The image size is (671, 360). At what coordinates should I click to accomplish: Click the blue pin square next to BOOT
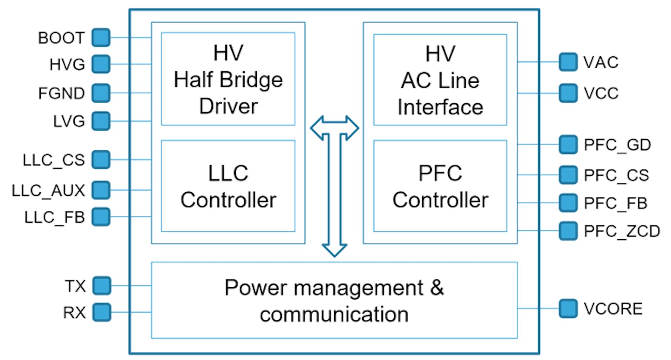pos(101,38)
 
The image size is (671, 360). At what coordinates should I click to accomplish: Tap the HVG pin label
pos(67,65)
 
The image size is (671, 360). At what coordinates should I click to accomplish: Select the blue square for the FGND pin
pos(101,93)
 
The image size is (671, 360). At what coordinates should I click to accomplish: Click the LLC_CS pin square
pos(101,159)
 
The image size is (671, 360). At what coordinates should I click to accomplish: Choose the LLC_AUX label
pos(48,191)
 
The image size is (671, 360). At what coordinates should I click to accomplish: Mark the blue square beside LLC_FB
pos(101,217)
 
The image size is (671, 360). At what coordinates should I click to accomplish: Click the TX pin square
pos(101,285)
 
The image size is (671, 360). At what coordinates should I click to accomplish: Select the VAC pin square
pos(568,62)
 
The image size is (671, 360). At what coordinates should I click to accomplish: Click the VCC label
pos(601,93)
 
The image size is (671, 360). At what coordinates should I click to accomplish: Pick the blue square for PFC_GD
pos(568,144)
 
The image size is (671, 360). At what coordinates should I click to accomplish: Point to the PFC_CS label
pos(616,175)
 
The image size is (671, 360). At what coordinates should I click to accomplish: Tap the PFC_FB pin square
pos(568,203)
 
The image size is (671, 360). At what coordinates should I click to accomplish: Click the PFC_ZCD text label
pos(621,231)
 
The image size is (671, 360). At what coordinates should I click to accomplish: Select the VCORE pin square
pos(568,308)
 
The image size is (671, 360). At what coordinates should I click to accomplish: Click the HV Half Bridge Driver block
pos(228,79)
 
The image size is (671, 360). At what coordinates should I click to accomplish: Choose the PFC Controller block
pos(440,186)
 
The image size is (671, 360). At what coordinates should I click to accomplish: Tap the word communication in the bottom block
pos(334,314)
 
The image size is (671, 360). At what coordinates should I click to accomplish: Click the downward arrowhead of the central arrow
pos(334,250)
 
